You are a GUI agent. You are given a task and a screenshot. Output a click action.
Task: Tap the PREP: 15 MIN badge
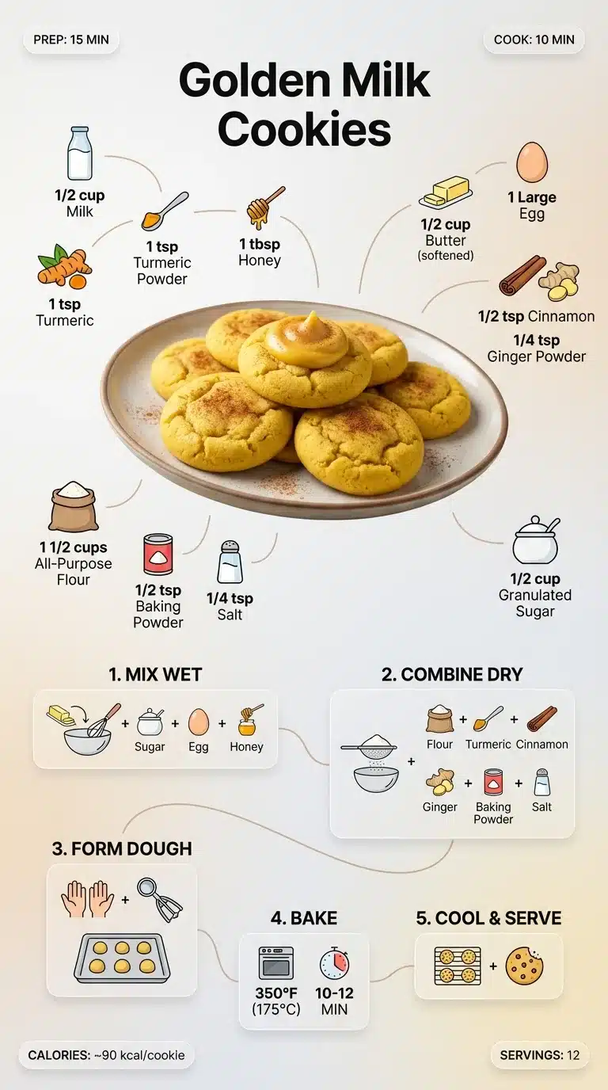[70, 40]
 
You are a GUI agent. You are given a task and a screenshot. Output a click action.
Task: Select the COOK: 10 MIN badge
[534, 40]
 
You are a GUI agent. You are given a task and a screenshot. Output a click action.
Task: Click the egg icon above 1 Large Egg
[531, 162]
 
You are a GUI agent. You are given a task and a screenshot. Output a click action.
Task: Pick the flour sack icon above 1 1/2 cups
[74, 506]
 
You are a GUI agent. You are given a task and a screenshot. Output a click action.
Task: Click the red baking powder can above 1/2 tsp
[158, 555]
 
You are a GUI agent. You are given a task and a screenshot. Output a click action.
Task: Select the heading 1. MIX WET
[155, 675]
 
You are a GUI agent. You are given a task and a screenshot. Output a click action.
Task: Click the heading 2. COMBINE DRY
[452, 675]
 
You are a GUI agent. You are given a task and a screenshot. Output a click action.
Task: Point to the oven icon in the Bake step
[275, 963]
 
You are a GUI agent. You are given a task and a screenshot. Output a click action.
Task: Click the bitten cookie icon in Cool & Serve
[524, 966]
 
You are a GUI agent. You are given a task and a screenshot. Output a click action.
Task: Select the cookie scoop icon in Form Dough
[160, 899]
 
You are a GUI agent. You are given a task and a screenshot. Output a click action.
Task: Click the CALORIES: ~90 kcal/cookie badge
[106, 1054]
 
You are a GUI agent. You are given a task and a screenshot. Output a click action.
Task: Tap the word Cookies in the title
[304, 129]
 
